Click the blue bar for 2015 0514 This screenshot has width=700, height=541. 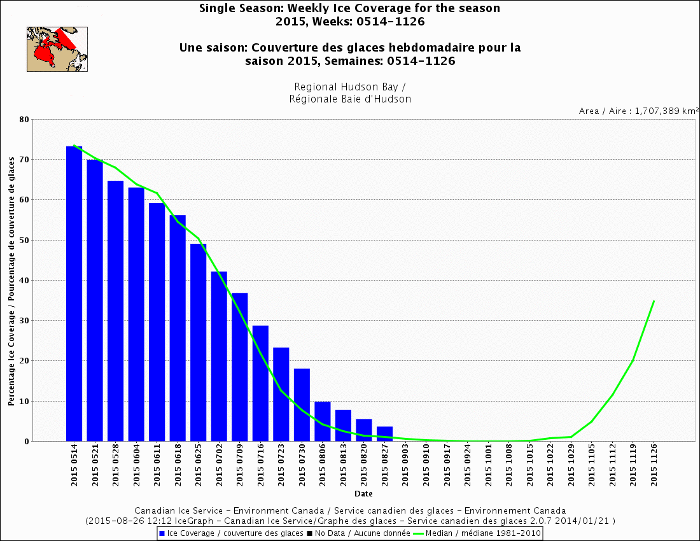74,293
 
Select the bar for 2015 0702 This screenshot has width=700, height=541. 219,356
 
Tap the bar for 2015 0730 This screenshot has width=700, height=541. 302,405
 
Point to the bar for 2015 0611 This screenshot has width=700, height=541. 157,322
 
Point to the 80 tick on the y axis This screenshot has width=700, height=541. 24,119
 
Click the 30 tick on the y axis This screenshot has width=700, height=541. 24,321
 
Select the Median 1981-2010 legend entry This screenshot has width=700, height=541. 477,533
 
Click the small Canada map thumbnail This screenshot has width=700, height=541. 57,49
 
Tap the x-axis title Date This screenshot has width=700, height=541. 364,493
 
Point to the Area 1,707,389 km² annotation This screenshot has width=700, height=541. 638,111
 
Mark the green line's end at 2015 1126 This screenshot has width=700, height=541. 654,300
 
